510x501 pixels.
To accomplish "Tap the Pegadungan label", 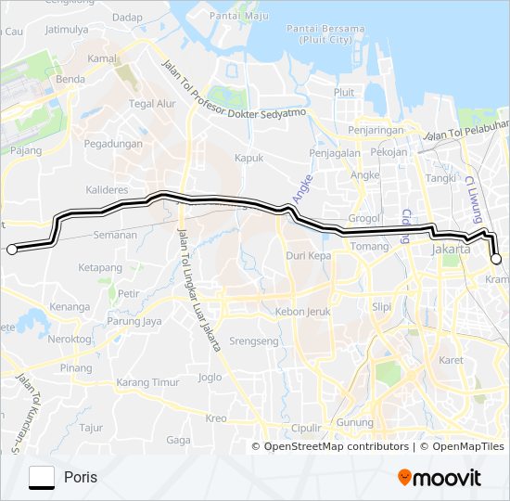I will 113,144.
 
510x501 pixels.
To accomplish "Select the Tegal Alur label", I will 152,104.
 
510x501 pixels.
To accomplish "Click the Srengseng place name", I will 253,341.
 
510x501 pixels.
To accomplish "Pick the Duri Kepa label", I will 308,254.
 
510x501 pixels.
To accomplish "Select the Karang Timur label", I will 147,383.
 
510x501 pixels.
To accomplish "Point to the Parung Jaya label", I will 134,322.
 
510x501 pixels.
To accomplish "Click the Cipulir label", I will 306,428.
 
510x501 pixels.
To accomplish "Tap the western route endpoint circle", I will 12,249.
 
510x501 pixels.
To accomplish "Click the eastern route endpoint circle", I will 496,260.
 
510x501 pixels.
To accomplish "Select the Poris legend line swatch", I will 42,478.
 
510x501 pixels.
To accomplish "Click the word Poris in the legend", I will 81,478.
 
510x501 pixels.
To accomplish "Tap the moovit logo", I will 440,478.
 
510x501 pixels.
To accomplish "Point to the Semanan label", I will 115,236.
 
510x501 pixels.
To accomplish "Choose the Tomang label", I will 369,246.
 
